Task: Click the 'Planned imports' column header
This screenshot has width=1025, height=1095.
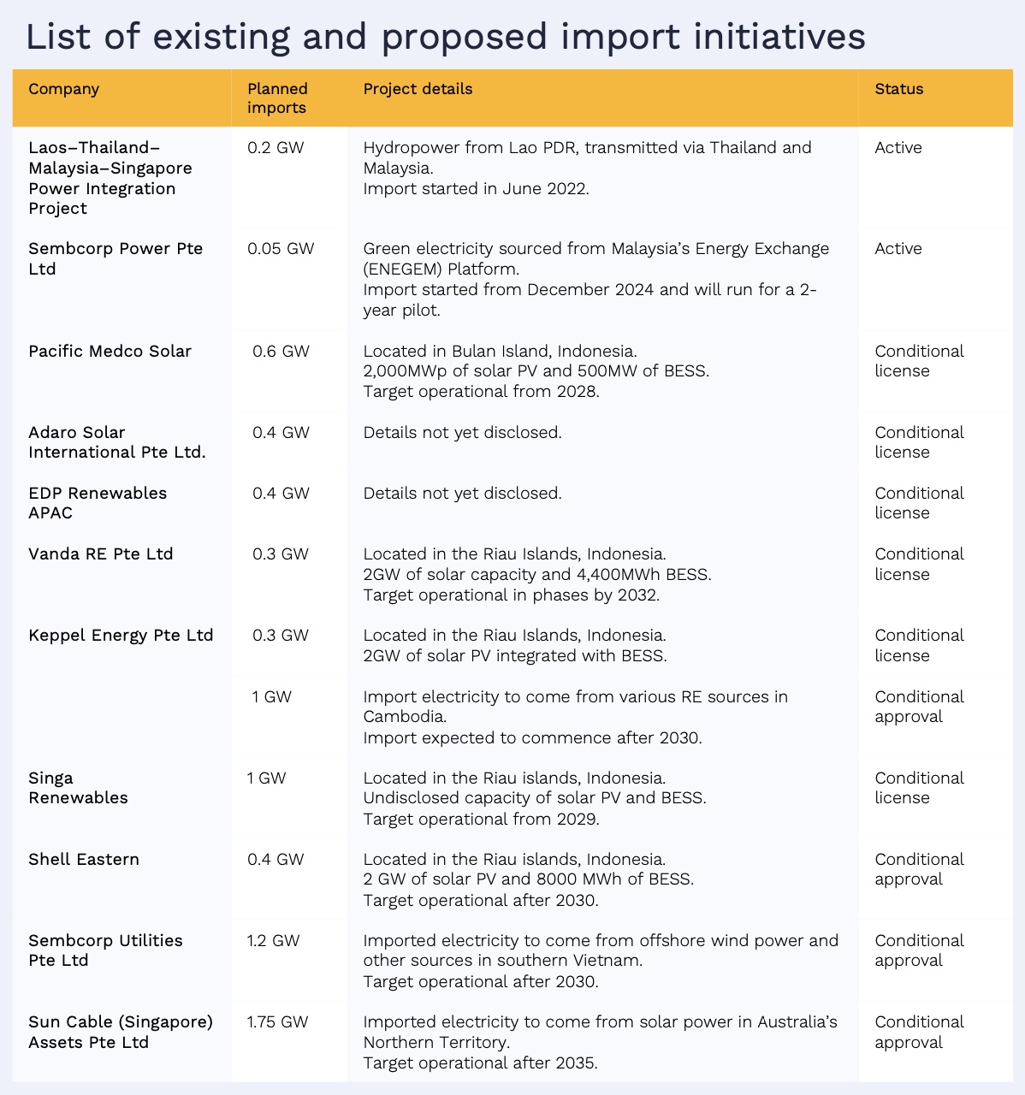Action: pos(277,98)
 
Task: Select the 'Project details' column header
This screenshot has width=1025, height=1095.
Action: pos(418,89)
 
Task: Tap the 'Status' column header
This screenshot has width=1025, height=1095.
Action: pos(898,89)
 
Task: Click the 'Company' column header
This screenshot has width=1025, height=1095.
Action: pos(64,89)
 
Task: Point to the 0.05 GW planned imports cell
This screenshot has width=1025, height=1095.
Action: pos(281,249)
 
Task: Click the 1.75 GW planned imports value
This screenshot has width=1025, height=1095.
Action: pos(277,1022)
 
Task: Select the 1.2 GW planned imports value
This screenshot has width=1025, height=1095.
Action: pos(273,941)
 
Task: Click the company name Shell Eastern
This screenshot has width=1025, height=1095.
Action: pos(84,860)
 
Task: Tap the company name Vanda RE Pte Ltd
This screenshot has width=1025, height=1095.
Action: pos(101,554)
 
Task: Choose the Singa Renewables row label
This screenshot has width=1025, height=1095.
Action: pos(78,788)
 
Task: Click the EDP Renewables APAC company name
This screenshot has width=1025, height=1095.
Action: pos(98,503)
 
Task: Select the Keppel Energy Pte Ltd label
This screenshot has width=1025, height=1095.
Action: pos(121,636)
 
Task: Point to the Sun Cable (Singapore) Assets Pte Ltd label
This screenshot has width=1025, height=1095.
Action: pos(121,1032)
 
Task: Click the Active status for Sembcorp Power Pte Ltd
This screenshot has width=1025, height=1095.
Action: pos(898,249)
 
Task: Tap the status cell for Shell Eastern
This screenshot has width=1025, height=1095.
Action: pos(919,869)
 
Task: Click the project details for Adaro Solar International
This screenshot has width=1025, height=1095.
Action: pos(462,433)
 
